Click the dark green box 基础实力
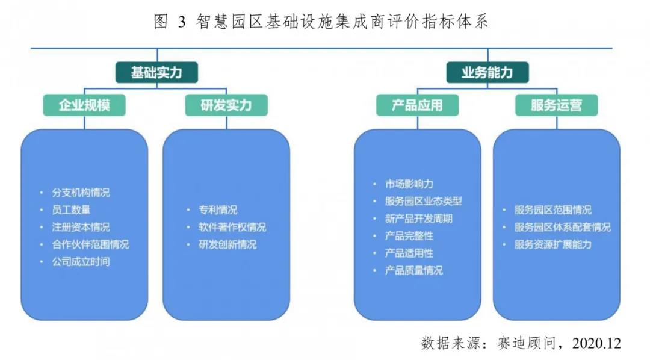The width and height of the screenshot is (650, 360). [156, 73]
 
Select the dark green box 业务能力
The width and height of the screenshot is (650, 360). [487, 73]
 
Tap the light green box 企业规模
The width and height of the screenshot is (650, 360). [84, 105]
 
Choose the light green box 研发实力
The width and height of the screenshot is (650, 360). [226, 105]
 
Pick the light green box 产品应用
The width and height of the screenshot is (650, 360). [418, 105]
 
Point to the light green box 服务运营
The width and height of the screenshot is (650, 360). [556, 105]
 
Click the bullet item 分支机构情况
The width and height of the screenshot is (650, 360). [81, 193]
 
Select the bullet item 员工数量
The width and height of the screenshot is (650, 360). [71, 210]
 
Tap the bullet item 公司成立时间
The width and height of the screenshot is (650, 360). [81, 262]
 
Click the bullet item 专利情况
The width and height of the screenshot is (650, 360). [218, 210]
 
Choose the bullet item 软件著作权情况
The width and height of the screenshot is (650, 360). [232, 228]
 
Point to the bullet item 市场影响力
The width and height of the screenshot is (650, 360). [409, 184]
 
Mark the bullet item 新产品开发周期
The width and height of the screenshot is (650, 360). [418, 219]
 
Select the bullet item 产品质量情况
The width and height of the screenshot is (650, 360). [413, 270]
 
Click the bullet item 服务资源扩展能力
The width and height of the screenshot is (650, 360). [553, 244]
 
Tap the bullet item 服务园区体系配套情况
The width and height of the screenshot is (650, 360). [563, 228]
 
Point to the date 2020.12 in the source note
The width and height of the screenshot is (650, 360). [596, 343]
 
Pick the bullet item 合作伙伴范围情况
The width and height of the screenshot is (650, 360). [90, 244]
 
